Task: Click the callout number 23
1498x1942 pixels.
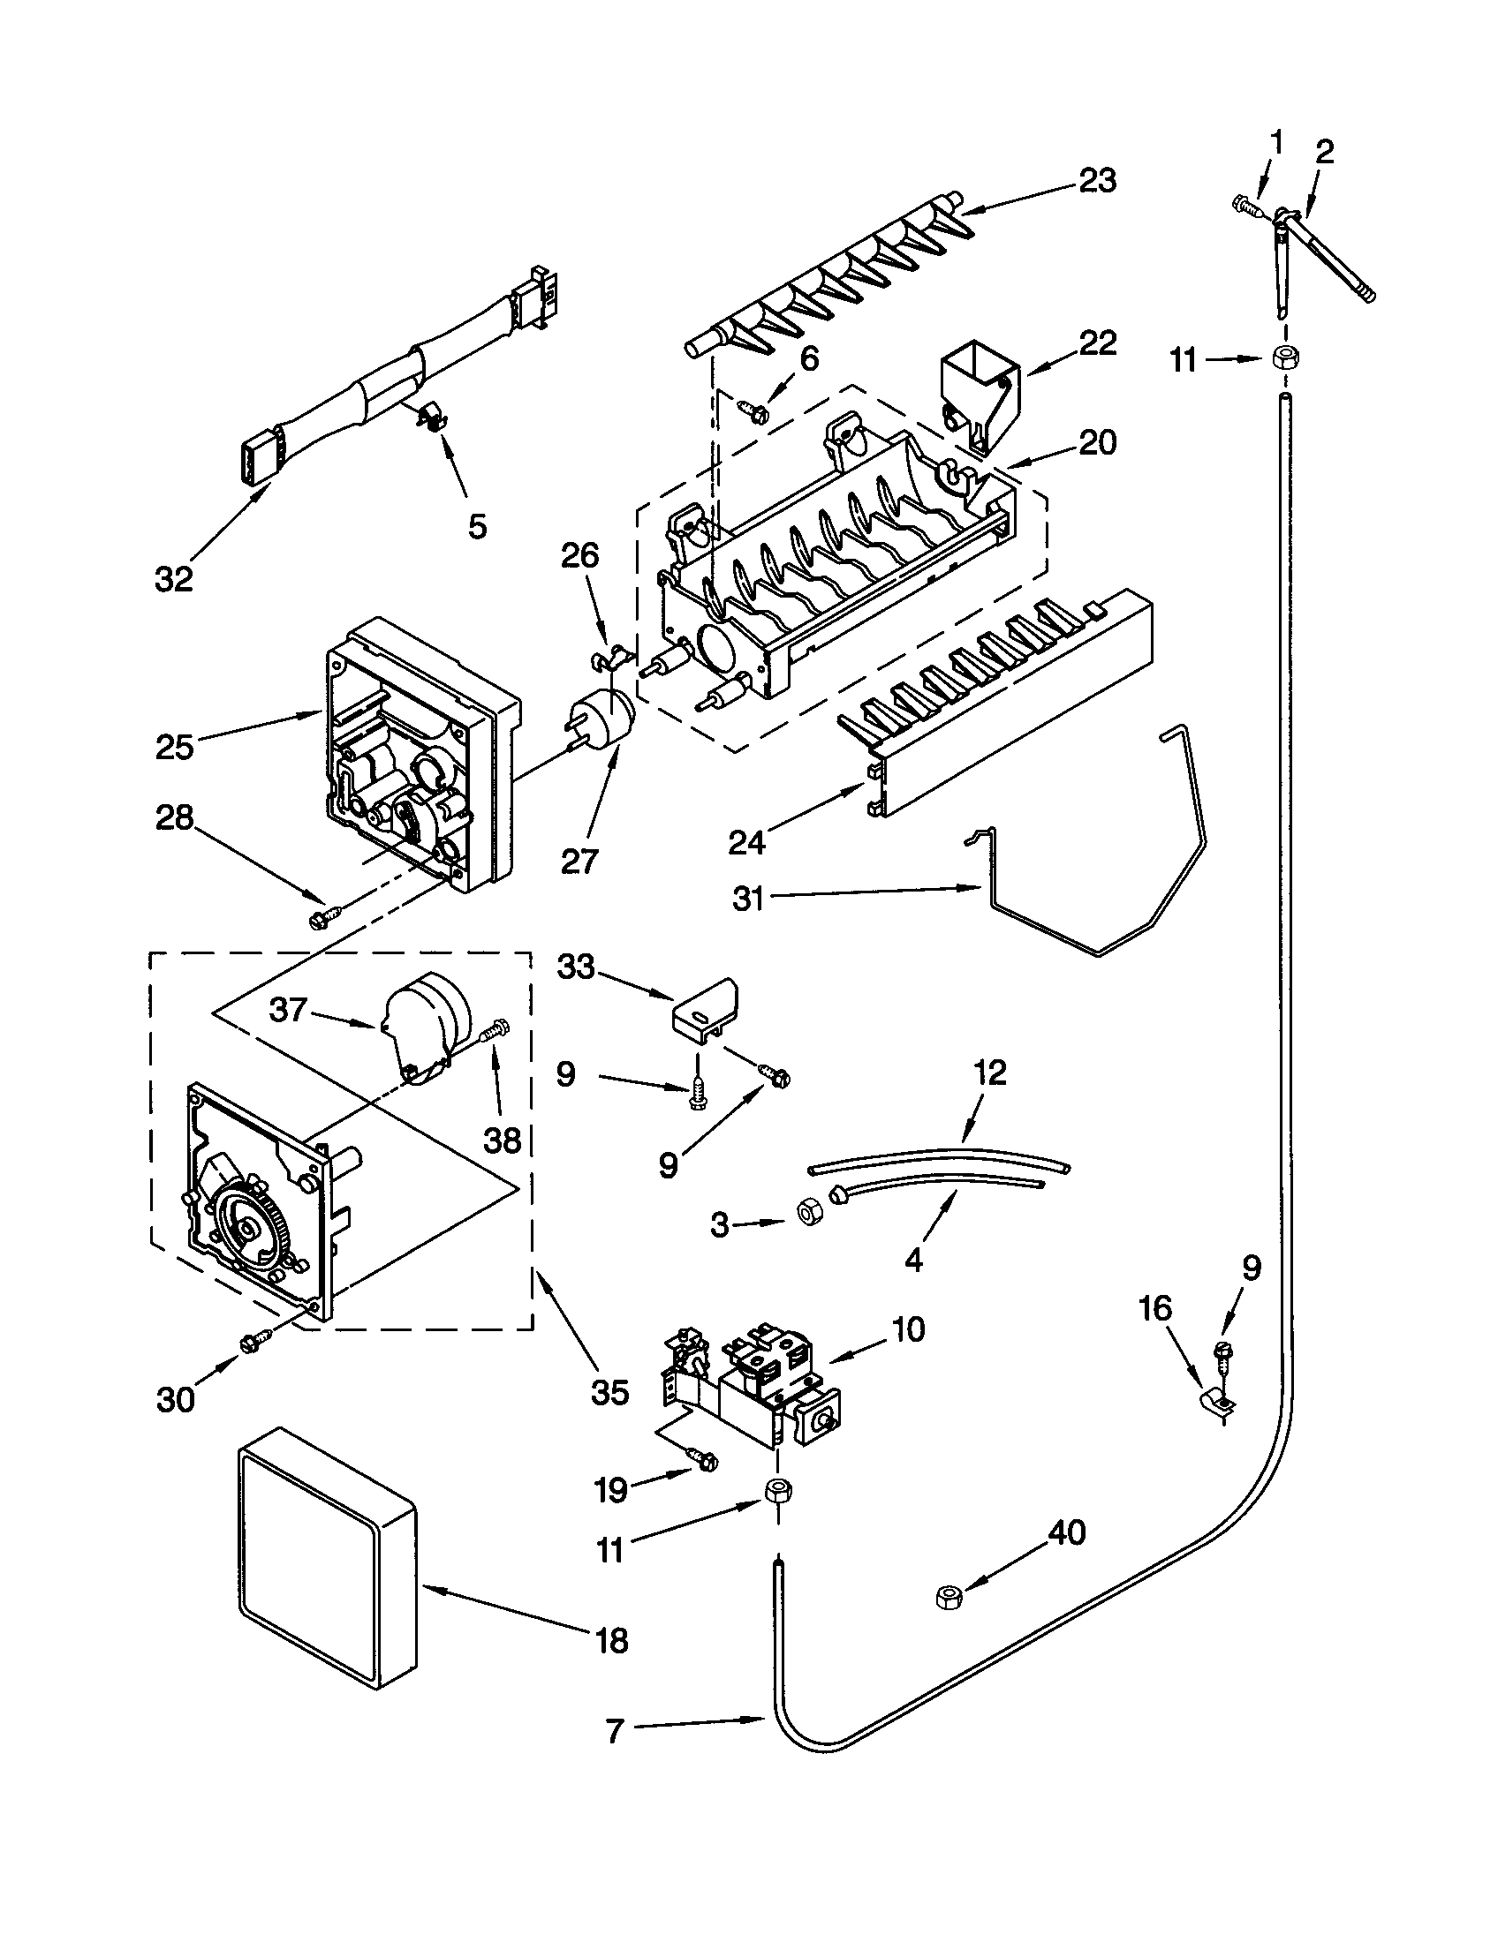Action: (x=1097, y=180)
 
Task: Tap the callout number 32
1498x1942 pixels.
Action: (x=173, y=579)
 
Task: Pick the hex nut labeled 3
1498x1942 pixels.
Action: (x=810, y=1215)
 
